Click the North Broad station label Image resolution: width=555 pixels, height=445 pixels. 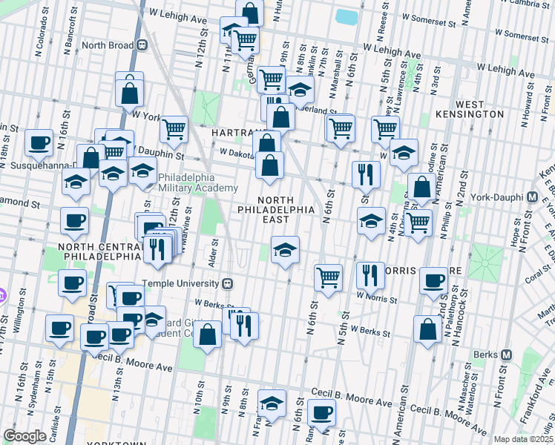[x=107, y=44]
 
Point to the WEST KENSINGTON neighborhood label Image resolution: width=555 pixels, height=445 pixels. [x=479, y=109]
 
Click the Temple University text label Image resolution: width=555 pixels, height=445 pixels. [x=182, y=283]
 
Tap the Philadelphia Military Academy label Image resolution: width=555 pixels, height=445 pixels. [x=186, y=182]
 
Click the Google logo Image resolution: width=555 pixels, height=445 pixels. [x=24, y=436]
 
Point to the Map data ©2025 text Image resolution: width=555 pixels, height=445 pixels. [x=522, y=439]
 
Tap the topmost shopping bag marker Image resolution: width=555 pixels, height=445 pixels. [x=250, y=13]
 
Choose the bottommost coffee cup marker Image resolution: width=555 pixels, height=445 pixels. [x=322, y=413]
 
